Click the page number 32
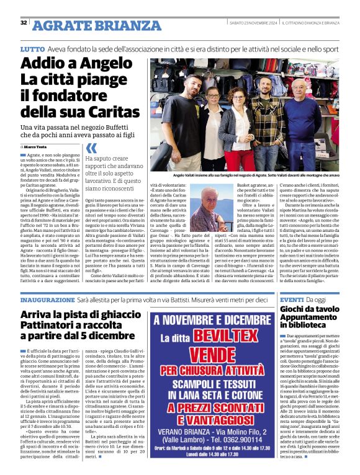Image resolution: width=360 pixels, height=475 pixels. pos(24,23)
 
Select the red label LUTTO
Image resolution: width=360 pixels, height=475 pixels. pos(32,48)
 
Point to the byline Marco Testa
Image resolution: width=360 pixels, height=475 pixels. pos(44,146)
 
